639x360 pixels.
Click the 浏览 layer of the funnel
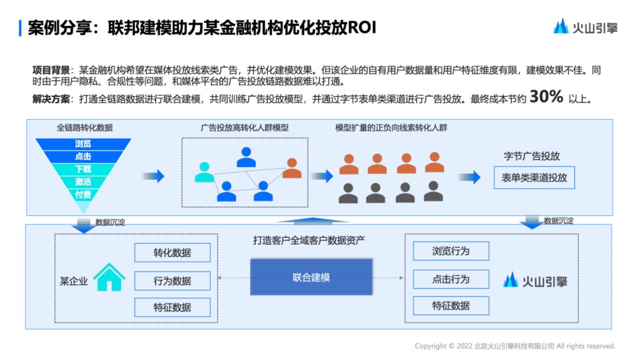click(x=83, y=144)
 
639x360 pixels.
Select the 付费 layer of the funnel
click(x=83, y=194)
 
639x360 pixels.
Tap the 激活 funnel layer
click(x=83, y=182)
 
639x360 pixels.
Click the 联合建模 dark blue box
click(x=311, y=277)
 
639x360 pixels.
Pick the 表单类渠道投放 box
click(x=534, y=178)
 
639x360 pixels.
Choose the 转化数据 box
click(x=172, y=253)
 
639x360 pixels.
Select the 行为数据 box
click(x=172, y=281)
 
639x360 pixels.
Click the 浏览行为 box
click(x=451, y=251)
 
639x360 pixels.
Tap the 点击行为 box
click(x=451, y=279)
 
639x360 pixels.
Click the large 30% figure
click(x=546, y=97)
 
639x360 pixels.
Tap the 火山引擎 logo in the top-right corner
click(x=585, y=27)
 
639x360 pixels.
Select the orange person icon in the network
click(x=292, y=168)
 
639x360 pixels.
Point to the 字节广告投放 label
click(x=532, y=156)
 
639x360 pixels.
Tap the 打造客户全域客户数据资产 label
click(x=309, y=240)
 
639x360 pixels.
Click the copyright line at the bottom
click(x=515, y=346)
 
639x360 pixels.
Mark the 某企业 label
click(x=73, y=281)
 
